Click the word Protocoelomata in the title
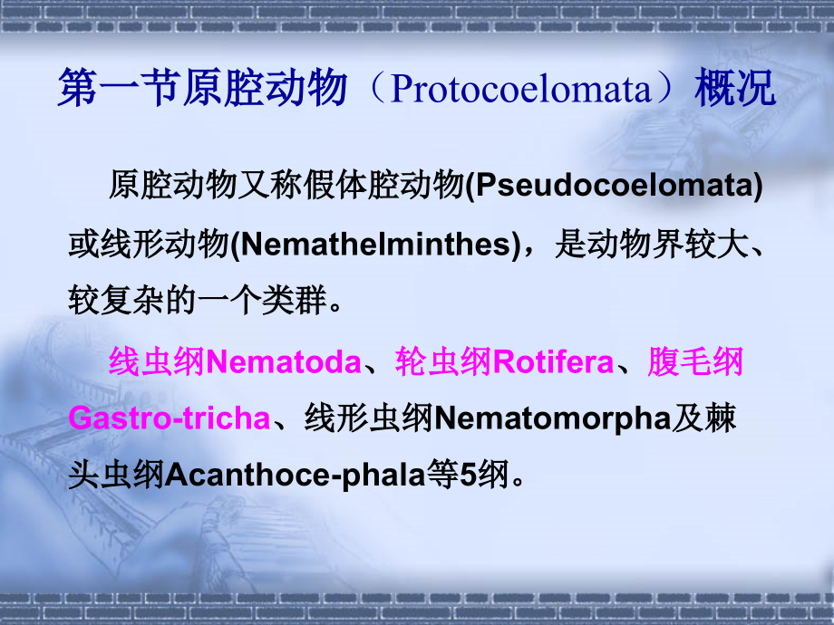click(520, 89)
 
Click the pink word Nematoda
click(284, 362)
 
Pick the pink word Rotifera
click(553, 362)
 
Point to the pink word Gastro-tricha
click(170, 418)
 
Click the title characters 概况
click(735, 88)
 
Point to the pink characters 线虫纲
click(157, 362)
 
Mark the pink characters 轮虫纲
click(444, 362)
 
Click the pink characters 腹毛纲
click(695, 362)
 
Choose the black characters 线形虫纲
click(369, 418)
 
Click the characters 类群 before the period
click(294, 301)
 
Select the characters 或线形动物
click(149, 245)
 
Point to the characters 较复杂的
click(132, 301)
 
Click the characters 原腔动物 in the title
click(266, 88)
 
